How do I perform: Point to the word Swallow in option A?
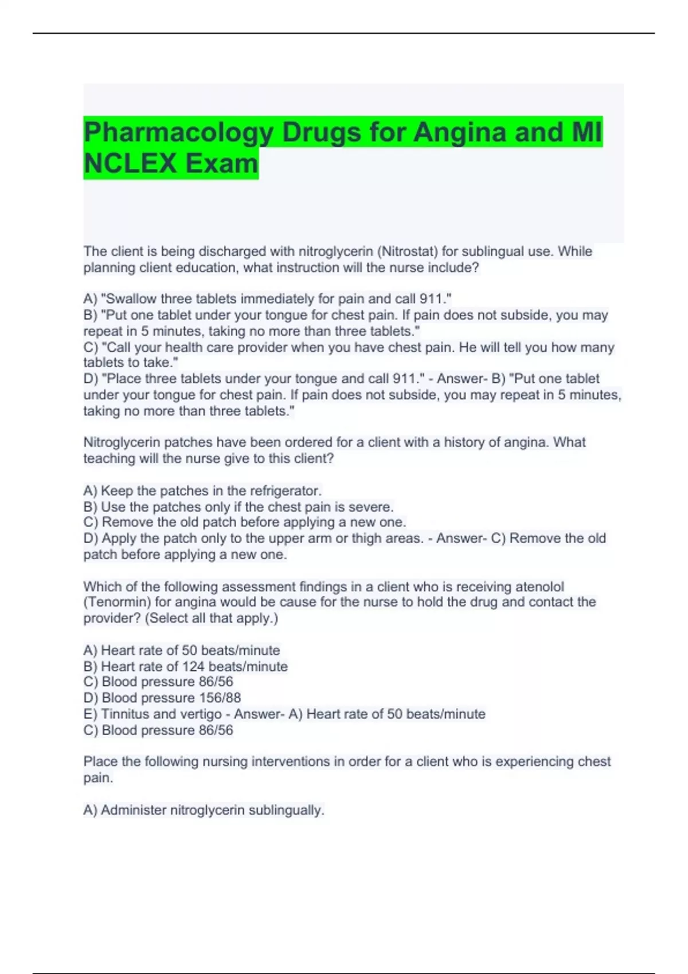pyautogui.click(x=130, y=299)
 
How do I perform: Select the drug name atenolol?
pyautogui.click(x=540, y=587)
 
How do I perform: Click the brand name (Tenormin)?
pyautogui.click(x=118, y=602)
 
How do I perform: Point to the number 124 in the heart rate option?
pyautogui.click(x=194, y=666)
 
